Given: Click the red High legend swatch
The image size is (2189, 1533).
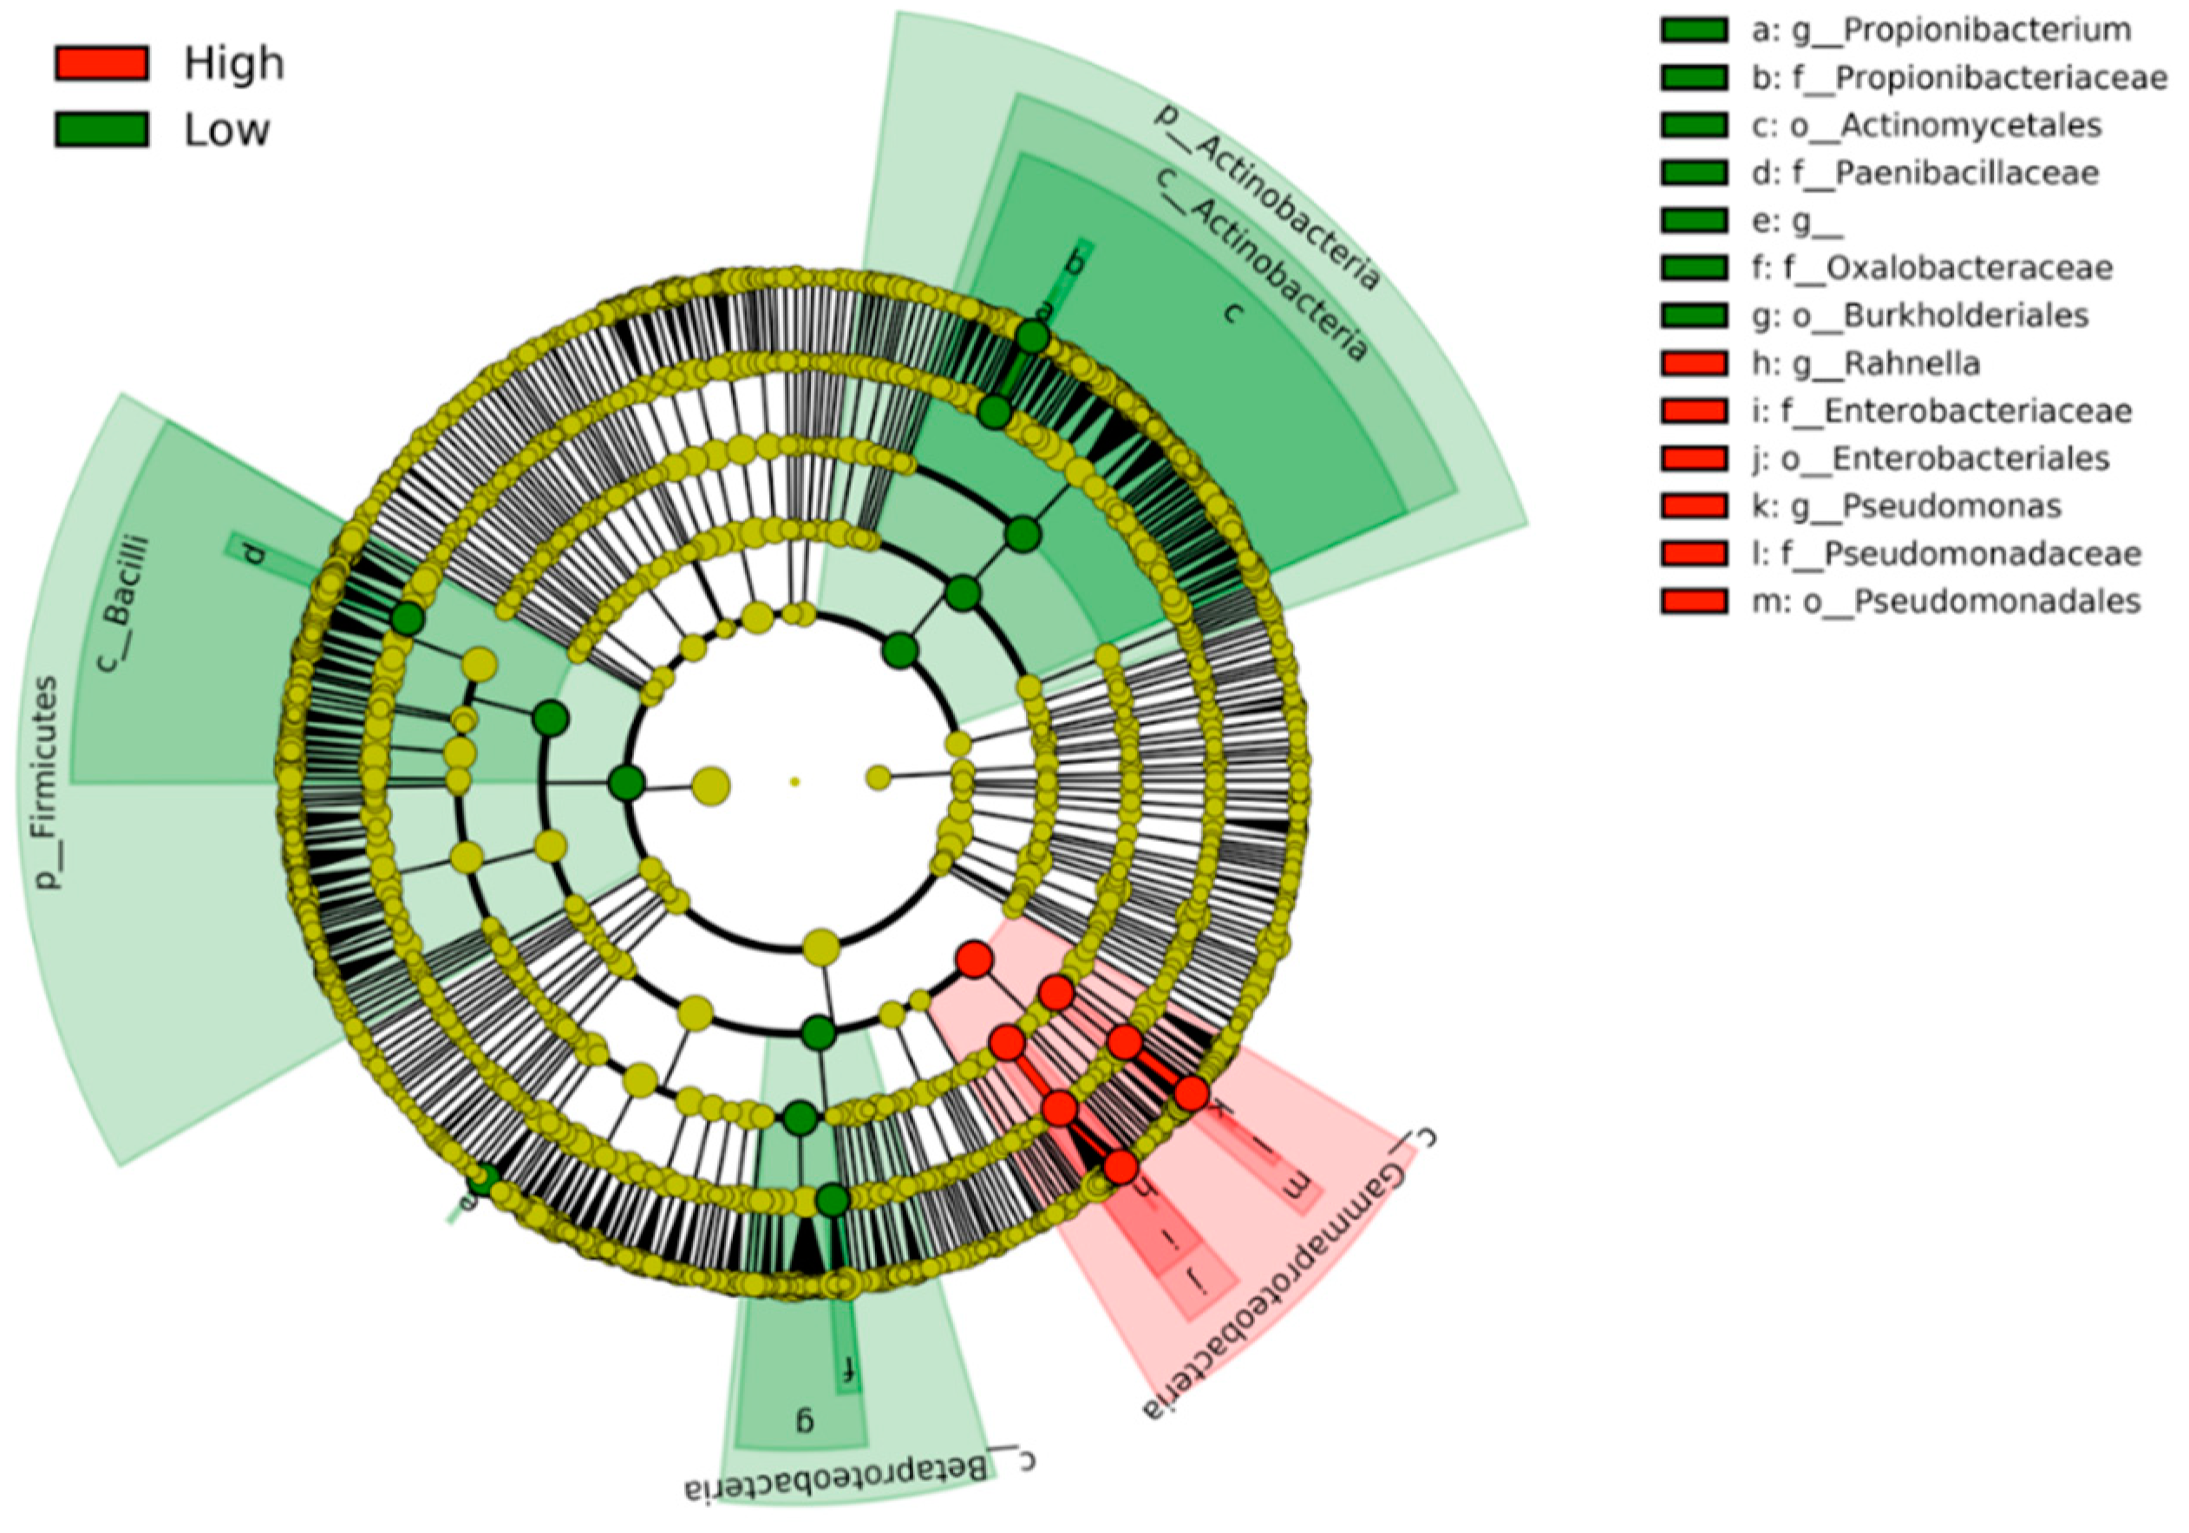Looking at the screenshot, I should tap(101, 63).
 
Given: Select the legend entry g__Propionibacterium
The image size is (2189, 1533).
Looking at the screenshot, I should tap(1939, 29).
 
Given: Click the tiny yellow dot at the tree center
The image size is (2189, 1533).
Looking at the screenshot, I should tap(794, 782).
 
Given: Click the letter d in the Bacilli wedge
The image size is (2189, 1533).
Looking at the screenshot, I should tap(252, 553).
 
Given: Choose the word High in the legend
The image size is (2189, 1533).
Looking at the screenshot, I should tap(234, 64).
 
